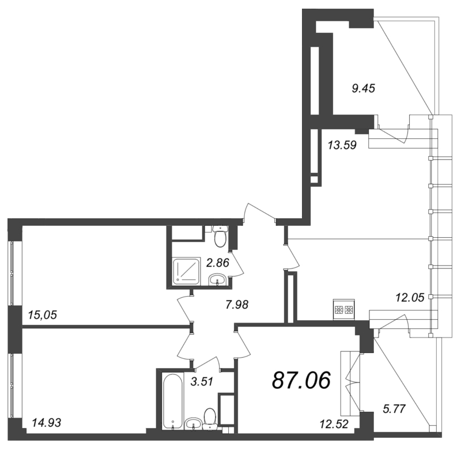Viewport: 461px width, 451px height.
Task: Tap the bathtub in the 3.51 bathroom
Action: tap(172, 401)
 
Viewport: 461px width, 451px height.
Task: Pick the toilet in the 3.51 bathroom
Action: tap(210, 416)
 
